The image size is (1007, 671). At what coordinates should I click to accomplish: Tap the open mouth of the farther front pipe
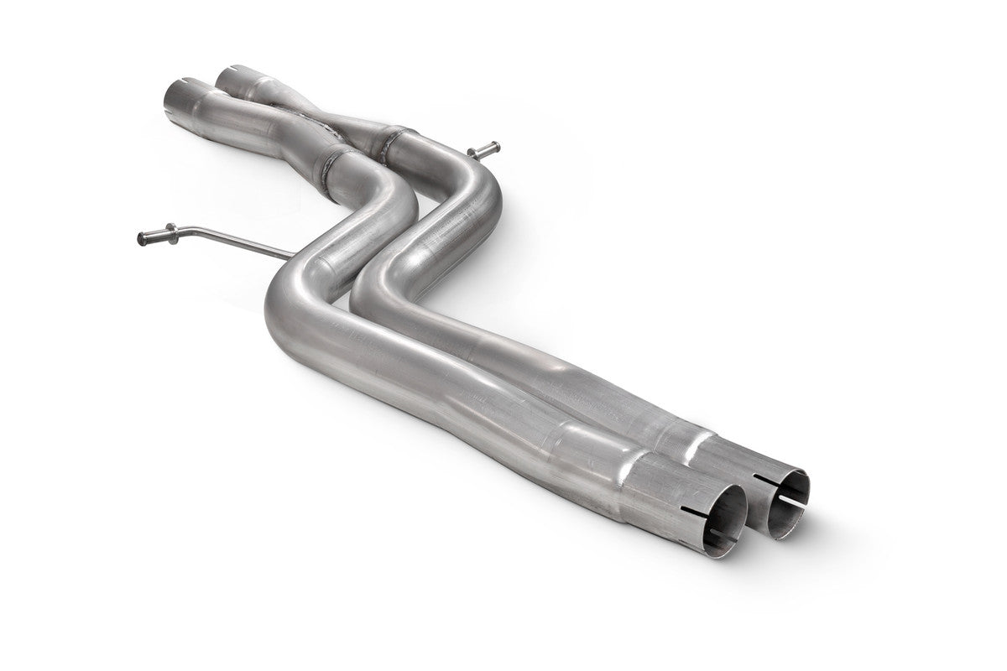pyautogui.click(x=789, y=501)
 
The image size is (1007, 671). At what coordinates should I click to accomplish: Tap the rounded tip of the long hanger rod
pyautogui.click(x=141, y=238)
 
